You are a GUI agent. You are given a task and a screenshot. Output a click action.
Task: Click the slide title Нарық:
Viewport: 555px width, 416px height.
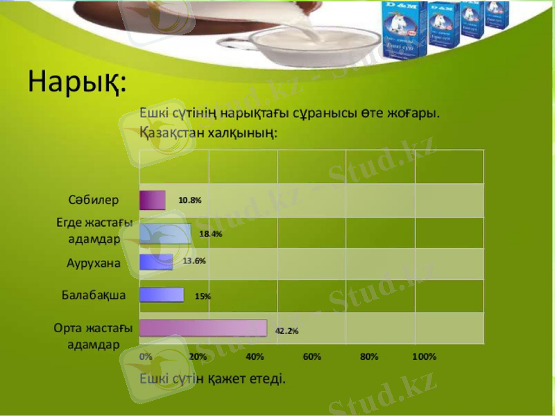(78, 83)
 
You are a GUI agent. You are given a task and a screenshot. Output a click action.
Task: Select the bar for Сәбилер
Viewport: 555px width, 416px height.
(153, 200)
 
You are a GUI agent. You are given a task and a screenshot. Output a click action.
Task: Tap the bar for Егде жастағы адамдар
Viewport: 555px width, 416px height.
(166, 234)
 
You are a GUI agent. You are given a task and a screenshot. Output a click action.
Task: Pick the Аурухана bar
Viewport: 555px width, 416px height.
(156, 262)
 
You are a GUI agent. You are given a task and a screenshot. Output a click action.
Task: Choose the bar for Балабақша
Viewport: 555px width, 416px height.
(162, 295)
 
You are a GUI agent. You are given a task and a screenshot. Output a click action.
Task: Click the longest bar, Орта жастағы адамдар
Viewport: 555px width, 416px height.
(203, 328)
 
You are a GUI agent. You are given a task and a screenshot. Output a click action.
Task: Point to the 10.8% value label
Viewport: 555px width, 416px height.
(189, 200)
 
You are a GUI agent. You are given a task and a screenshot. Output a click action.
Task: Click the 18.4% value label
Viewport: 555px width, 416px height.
(210, 234)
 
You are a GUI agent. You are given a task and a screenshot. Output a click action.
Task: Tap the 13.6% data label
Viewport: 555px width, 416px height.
(194, 261)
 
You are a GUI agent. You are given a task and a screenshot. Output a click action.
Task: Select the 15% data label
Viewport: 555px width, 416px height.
(203, 296)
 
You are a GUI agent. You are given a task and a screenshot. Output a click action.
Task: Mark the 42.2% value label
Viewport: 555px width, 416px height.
(287, 331)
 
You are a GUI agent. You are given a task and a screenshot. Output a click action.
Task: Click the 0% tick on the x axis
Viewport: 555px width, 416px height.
(146, 357)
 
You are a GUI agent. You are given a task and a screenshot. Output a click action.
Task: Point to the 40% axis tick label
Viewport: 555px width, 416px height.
(255, 357)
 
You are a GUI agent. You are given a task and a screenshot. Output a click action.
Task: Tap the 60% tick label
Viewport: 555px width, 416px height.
(312, 357)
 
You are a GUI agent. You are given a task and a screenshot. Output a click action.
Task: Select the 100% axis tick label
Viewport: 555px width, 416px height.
(424, 357)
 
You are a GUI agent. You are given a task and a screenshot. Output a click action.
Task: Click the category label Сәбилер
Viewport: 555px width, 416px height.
(94, 200)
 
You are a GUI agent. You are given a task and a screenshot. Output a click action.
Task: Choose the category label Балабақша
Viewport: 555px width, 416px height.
(94, 295)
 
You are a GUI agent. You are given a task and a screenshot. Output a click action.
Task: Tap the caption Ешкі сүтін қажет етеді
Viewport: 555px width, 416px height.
(212, 379)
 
